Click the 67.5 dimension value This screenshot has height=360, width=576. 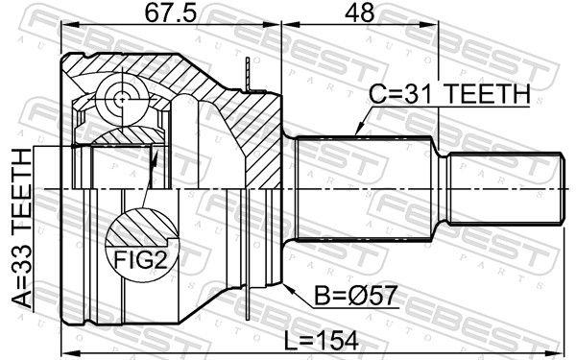pos(171,13)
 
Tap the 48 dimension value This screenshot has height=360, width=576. pos(359,13)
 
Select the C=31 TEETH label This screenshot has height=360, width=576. pos(449,94)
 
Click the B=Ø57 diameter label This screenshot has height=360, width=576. pos(355,296)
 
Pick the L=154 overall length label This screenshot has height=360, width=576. pos(322,341)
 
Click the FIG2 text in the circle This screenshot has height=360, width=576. pos(141,260)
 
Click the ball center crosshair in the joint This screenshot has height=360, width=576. pos(121,99)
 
